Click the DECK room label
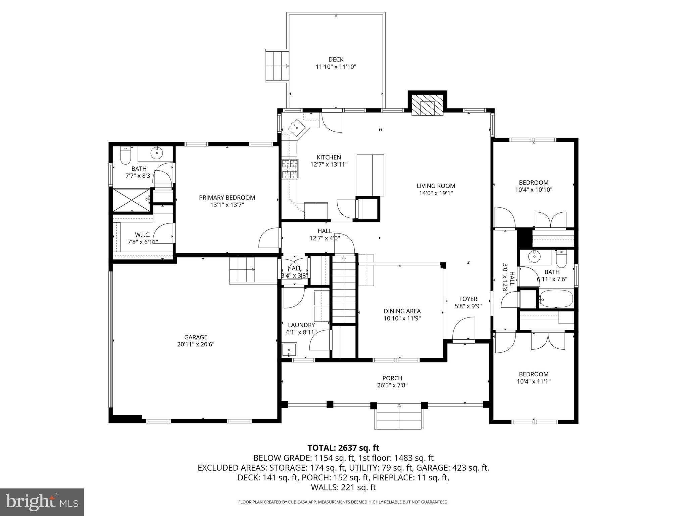click(x=336, y=59)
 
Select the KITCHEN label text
click(x=329, y=157)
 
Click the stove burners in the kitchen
click(x=290, y=169)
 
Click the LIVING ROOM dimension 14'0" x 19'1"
click(x=436, y=193)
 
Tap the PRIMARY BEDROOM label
click(x=227, y=198)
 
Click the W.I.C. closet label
click(x=143, y=234)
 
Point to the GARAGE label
click(x=196, y=337)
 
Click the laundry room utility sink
click(x=289, y=350)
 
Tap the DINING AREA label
click(x=402, y=311)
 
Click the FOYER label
click(x=468, y=299)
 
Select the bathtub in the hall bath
click(x=556, y=299)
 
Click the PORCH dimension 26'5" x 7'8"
click(x=392, y=385)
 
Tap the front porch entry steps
click(x=399, y=418)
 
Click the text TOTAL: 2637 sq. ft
click(x=343, y=447)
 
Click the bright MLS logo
click(x=42, y=502)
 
